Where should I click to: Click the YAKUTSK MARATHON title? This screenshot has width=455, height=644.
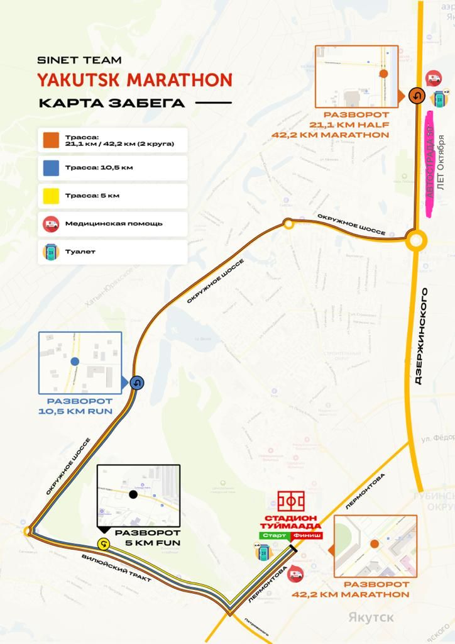[x=134, y=80]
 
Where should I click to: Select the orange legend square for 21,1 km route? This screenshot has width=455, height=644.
[x=51, y=140]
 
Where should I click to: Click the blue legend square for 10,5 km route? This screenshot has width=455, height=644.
[x=51, y=168]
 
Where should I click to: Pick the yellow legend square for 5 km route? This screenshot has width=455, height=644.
[x=51, y=196]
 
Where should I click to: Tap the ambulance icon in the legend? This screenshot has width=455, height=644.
[x=51, y=223]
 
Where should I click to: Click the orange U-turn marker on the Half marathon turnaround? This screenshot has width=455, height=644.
[x=416, y=95]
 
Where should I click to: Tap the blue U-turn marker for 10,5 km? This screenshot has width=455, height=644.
[x=137, y=382]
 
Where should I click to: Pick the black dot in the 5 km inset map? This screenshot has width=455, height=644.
[x=133, y=495]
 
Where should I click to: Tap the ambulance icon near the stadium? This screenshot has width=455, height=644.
[x=294, y=573]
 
